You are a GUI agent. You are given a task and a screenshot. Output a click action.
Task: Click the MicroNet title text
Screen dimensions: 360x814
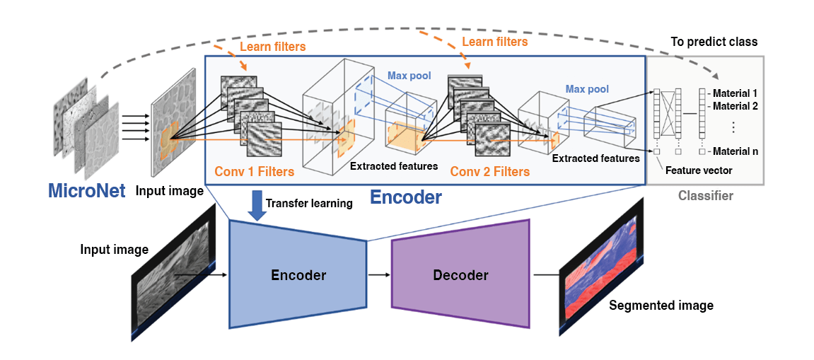(x=86, y=191)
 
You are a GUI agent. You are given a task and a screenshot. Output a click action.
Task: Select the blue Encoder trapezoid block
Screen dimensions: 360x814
(x=298, y=275)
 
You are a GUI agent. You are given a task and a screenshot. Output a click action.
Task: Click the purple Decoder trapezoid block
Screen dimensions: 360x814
(x=460, y=274)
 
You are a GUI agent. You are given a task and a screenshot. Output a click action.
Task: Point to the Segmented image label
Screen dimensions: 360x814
(x=661, y=306)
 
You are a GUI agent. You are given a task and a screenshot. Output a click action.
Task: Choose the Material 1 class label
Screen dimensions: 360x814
(x=735, y=93)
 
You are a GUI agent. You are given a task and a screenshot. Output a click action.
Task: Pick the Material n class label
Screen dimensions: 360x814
(x=735, y=151)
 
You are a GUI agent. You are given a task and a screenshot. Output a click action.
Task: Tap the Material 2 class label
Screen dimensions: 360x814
(x=735, y=106)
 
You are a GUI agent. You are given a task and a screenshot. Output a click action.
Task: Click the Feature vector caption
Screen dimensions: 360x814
(x=699, y=170)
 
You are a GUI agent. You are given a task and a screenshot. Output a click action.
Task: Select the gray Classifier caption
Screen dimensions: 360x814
(x=705, y=195)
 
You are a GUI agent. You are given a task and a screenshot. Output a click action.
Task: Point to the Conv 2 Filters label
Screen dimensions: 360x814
(x=489, y=171)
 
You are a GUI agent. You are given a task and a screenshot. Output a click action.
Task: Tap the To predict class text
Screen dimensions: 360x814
(x=714, y=42)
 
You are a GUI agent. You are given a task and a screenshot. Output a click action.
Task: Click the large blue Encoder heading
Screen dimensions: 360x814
(x=407, y=197)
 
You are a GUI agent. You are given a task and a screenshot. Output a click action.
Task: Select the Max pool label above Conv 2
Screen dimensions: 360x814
(x=587, y=90)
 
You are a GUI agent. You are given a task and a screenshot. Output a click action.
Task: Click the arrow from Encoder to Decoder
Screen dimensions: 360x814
(x=378, y=274)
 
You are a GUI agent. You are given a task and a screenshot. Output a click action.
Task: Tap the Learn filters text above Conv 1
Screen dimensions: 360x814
(x=273, y=47)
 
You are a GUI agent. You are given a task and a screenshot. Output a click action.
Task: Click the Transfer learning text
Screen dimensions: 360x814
(x=309, y=204)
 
